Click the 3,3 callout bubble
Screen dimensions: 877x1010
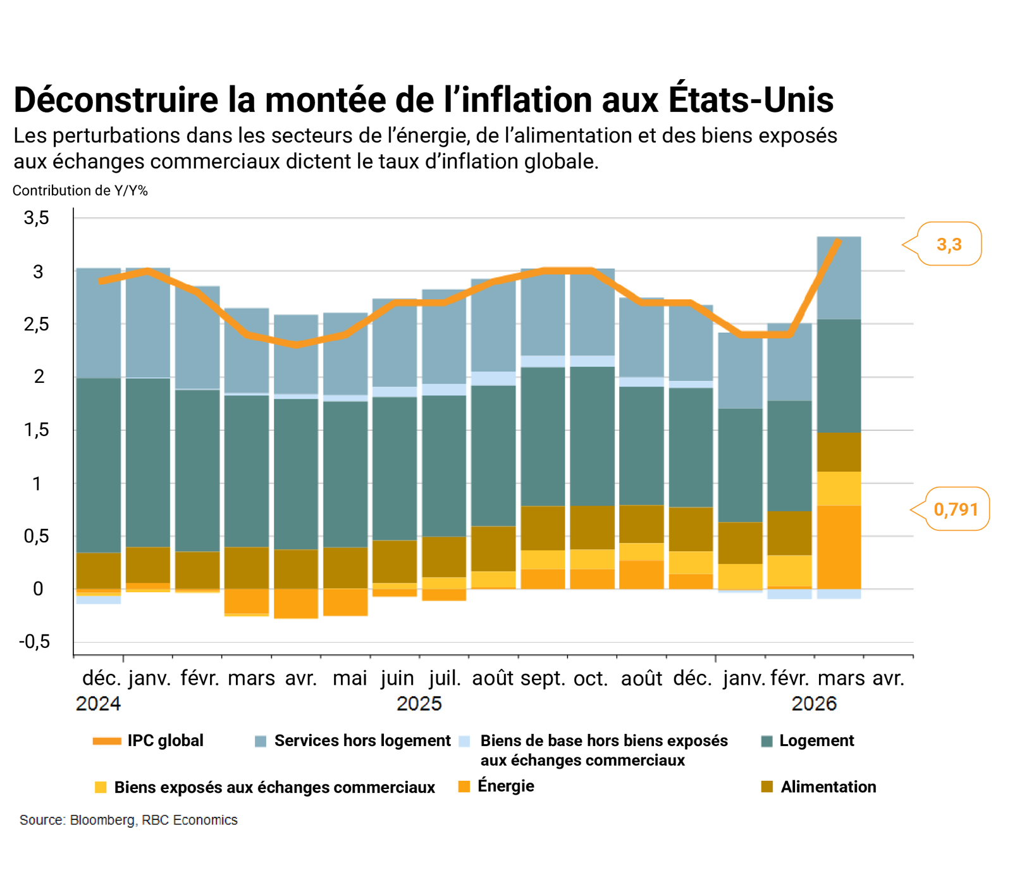click(x=949, y=244)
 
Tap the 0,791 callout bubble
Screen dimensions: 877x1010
click(x=956, y=509)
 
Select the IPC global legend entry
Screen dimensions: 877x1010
click(x=164, y=740)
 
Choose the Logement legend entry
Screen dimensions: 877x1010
click(x=816, y=740)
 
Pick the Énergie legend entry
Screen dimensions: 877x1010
click(x=505, y=786)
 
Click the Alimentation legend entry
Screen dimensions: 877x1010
click(x=828, y=787)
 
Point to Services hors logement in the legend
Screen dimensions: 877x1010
click(x=362, y=740)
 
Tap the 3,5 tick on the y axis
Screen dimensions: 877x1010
click(x=36, y=218)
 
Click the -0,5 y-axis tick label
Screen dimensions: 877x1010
click(x=34, y=642)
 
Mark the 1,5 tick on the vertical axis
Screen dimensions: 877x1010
click(x=36, y=430)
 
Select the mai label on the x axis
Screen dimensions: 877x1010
click(x=350, y=678)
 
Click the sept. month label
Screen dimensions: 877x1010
click(x=543, y=678)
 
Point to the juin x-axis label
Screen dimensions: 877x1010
click(x=397, y=678)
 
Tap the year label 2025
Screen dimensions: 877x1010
click(x=419, y=704)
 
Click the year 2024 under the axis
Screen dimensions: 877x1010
click(x=98, y=704)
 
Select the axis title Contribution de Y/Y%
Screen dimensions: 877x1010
click(x=80, y=190)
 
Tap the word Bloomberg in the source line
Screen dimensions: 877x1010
click(x=102, y=820)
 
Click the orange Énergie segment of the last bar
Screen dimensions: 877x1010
click(x=839, y=547)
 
